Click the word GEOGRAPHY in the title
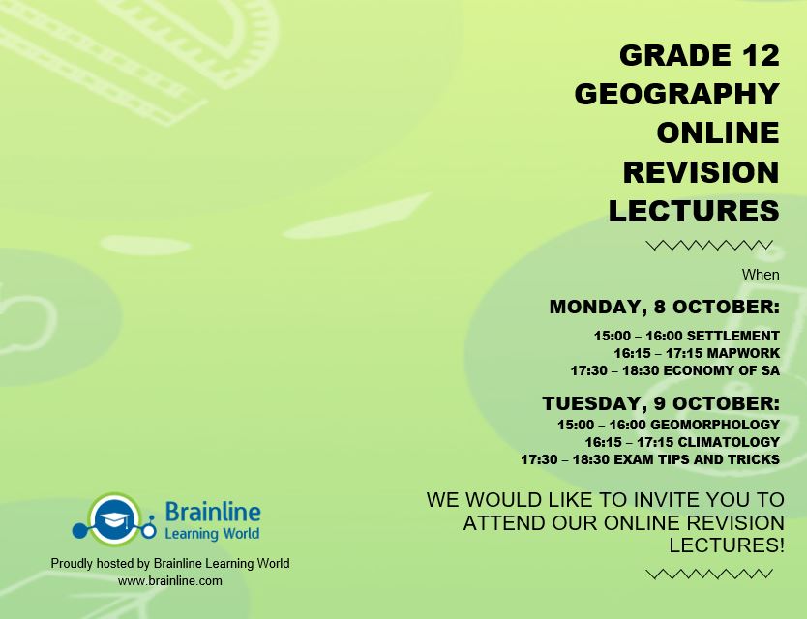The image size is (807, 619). (676, 94)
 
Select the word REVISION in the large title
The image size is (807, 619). (701, 171)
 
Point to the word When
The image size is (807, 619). (761, 275)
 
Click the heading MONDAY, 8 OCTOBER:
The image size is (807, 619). (664, 308)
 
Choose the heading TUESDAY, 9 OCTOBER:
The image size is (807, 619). (660, 402)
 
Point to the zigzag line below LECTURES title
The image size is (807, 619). (709, 246)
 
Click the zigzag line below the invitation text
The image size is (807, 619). (709, 574)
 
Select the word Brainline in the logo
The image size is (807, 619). (212, 511)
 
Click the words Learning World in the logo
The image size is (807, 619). (212, 533)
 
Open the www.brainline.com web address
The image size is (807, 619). (170, 580)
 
